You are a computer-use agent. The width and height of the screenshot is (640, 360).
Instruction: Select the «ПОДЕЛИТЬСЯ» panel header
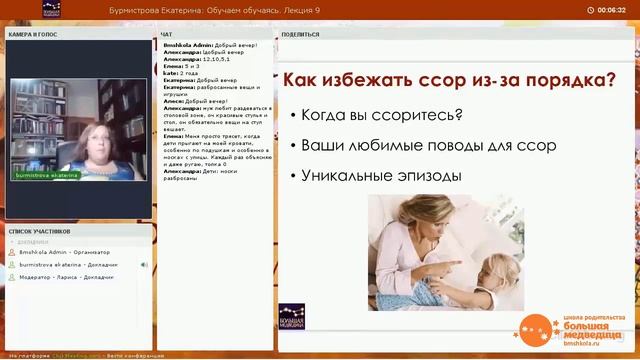coord(301,33)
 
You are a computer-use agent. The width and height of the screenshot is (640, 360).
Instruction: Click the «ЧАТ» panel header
coord(167,33)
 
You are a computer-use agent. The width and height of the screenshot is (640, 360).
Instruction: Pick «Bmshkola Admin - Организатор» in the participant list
coord(64,253)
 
